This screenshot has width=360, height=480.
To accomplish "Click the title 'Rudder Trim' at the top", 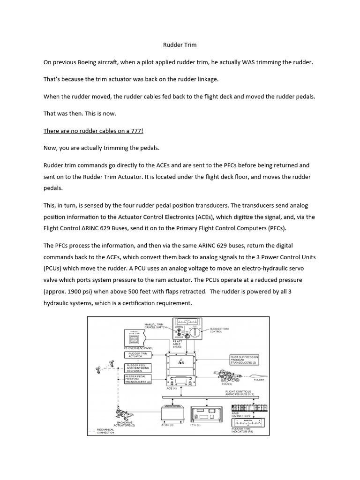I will click(180, 45).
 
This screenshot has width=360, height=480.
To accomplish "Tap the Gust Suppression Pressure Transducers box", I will click(244, 360).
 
